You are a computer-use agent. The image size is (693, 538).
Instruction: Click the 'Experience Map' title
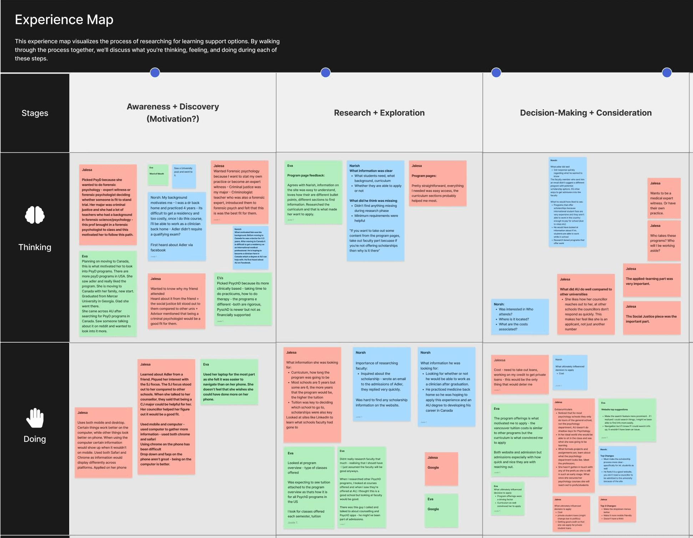64,20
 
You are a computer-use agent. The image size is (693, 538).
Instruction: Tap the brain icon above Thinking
35,215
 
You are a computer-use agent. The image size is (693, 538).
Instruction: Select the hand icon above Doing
35,418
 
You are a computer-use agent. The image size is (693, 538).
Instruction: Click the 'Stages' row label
35,113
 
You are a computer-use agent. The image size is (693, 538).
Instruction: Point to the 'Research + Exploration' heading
379,113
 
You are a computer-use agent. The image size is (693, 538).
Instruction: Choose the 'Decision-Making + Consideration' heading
586,113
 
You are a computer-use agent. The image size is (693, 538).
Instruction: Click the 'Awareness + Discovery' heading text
173,107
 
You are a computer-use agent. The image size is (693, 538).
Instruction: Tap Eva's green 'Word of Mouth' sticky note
158,174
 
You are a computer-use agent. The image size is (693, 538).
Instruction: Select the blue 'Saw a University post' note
184,176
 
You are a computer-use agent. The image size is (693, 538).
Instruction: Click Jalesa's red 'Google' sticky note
441,468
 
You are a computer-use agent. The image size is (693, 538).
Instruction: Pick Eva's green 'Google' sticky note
441,510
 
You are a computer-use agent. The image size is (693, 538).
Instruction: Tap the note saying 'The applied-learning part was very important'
652,280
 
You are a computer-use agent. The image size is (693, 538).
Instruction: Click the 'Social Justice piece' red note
652,318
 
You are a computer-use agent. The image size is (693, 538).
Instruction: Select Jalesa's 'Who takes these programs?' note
664,240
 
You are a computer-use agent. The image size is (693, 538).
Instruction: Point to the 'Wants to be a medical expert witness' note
664,198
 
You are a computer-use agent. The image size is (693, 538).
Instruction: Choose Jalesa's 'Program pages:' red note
437,183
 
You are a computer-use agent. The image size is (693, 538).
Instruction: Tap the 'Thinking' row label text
35,247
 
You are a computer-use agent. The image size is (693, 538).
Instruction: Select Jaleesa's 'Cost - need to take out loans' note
520,374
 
